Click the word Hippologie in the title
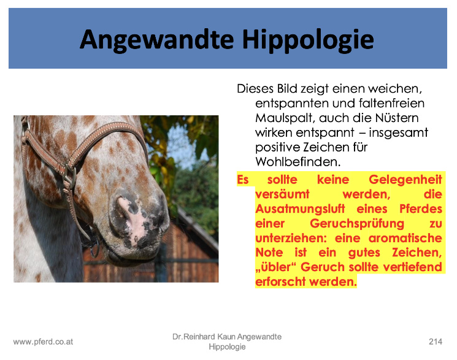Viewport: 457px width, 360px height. [308, 40]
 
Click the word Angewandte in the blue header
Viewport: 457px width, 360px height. [157, 40]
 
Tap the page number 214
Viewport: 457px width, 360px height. [436, 342]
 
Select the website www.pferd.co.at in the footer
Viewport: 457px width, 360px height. [43, 342]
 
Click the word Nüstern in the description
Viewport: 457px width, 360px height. [397, 118]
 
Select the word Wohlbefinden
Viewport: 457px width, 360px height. [298, 161]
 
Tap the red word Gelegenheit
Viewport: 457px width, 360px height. [405, 180]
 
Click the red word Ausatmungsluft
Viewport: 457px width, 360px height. [300, 209]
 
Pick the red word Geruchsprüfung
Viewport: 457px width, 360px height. [357, 224]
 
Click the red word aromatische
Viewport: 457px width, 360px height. [405, 238]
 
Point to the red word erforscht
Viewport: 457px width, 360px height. [280, 281]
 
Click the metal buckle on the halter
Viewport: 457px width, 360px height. [70, 177]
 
